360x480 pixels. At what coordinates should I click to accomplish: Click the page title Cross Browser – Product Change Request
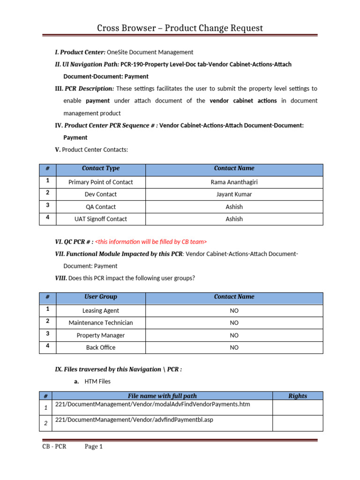[x=180, y=28]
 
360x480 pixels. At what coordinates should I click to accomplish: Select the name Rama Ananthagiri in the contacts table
[x=234, y=182]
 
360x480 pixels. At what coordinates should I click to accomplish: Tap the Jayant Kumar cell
[x=234, y=194]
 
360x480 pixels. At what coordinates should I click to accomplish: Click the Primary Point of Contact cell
[x=101, y=182]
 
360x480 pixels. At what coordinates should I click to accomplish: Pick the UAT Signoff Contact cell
[x=101, y=219]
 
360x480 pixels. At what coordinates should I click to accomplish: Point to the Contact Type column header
[x=101, y=168]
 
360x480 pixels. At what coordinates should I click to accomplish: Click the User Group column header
[x=101, y=297]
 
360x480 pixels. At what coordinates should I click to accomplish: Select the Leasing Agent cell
[x=101, y=310]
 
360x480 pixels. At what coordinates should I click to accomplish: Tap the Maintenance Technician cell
[x=101, y=322]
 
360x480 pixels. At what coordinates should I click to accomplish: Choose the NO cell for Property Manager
[x=234, y=335]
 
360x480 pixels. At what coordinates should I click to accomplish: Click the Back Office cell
[x=101, y=347]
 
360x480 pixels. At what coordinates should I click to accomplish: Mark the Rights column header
[x=297, y=396]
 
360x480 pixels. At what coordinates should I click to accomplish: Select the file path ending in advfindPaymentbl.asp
[x=134, y=420]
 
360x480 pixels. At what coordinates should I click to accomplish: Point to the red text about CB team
[x=150, y=241]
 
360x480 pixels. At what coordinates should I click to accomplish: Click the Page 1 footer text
[x=93, y=447]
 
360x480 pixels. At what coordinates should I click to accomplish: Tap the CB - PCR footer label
[x=54, y=447]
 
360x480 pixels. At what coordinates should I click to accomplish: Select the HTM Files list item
[x=97, y=382]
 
